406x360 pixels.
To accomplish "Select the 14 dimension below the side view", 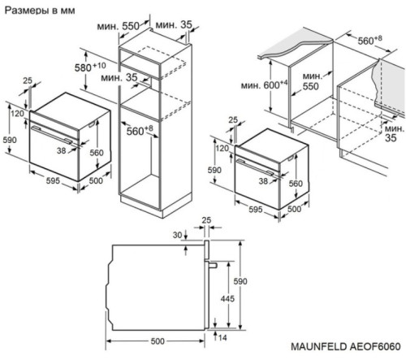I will coord(222,338).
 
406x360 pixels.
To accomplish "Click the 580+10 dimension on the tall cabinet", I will coord(93,67).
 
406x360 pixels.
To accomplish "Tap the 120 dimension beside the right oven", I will coord(222,148).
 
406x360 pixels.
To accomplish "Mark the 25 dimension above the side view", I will coord(206,219).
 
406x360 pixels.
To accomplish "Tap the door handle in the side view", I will coord(210,265).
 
